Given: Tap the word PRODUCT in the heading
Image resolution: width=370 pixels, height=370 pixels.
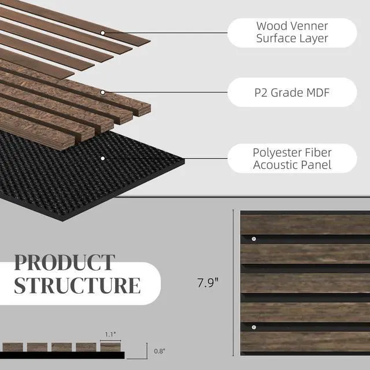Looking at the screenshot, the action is pyautogui.click(x=64, y=262).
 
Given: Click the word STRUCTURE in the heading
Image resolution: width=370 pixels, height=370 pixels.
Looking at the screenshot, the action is pyautogui.click(x=77, y=286).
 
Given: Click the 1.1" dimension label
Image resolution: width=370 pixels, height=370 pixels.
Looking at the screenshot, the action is pyautogui.click(x=111, y=334).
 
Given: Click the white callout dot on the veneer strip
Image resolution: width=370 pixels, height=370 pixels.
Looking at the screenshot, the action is pyautogui.click(x=103, y=33).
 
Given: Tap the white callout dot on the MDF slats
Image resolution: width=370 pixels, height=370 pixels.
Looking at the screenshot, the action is pyautogui.click(x=103, y=92).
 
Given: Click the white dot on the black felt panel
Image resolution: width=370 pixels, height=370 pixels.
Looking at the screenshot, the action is pyautogui.click(x=103, y=158).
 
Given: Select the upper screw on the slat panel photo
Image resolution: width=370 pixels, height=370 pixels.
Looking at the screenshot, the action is pyautogui.click(x=254, y=238).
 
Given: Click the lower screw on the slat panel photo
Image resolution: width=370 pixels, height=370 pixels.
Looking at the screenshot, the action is pyautogui.click(x=254, y=327).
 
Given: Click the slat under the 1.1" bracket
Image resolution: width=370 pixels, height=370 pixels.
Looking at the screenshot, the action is pyautogui.click(x=110, y=346).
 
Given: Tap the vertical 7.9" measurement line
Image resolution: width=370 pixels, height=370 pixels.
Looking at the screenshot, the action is pyautogui.click(x=234, y=283).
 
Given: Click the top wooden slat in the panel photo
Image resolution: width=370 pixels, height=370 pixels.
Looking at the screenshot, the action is pyautogui.click(x=305, y=224).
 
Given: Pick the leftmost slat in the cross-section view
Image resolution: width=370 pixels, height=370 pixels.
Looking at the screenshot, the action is pyautogui.click(x=13, y=347).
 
